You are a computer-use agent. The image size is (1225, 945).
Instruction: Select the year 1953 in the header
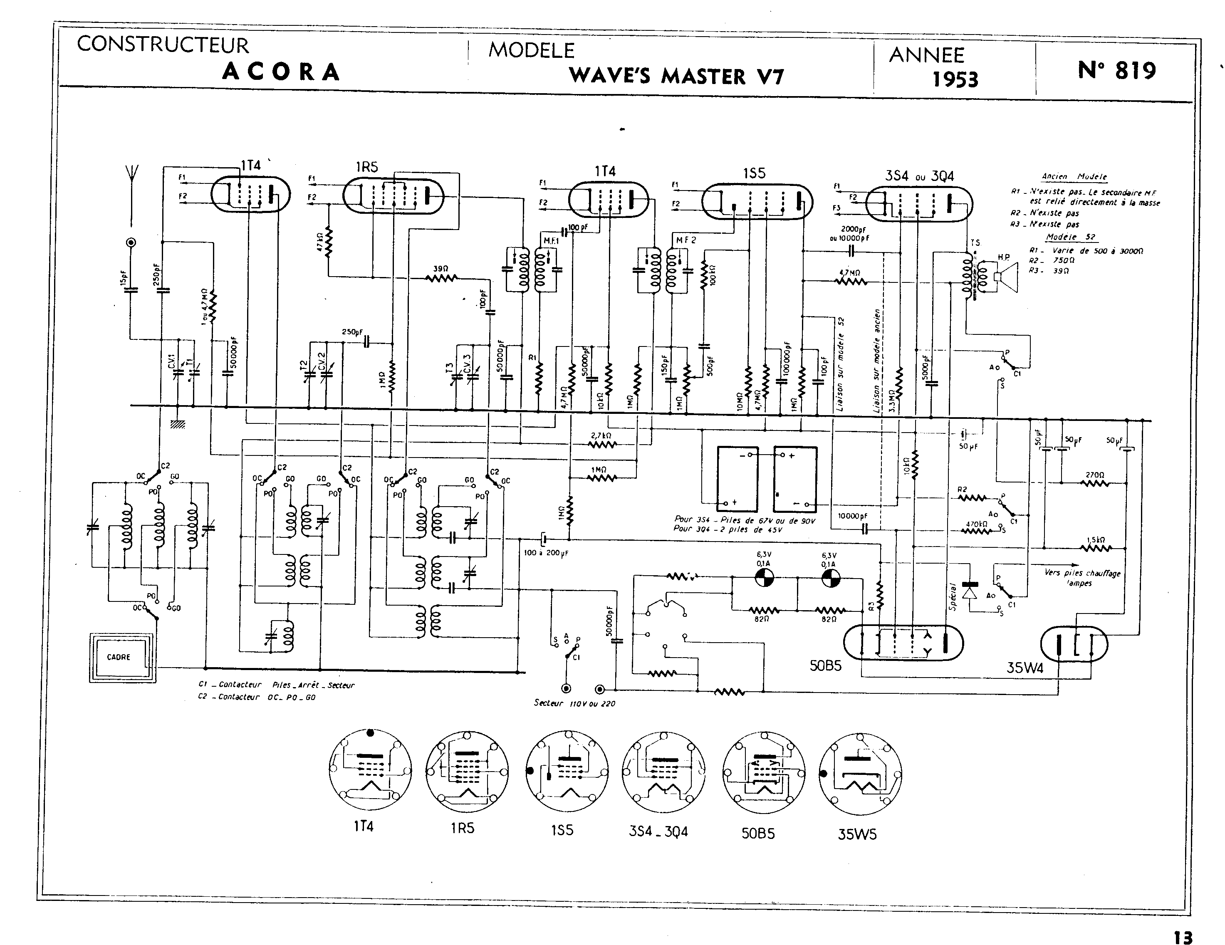pos(955,79)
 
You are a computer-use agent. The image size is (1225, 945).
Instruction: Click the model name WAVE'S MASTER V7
pos(676,76)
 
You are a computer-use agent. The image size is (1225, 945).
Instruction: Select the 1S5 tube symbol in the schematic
pos(757,202)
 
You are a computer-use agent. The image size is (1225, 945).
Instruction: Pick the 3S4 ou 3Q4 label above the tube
pos(919,176)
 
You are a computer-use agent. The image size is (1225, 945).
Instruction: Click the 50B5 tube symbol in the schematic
pos(903,642)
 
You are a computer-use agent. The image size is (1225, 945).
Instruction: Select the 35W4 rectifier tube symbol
pos(1074,643)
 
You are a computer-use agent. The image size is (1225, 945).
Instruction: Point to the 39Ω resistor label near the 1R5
pos(441,269)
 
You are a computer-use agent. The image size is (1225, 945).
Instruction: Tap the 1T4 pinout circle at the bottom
pos(370,771)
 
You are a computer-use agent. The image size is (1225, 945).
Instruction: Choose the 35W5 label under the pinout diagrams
pos(857,834)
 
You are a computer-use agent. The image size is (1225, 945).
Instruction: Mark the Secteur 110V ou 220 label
pos(574,703)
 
